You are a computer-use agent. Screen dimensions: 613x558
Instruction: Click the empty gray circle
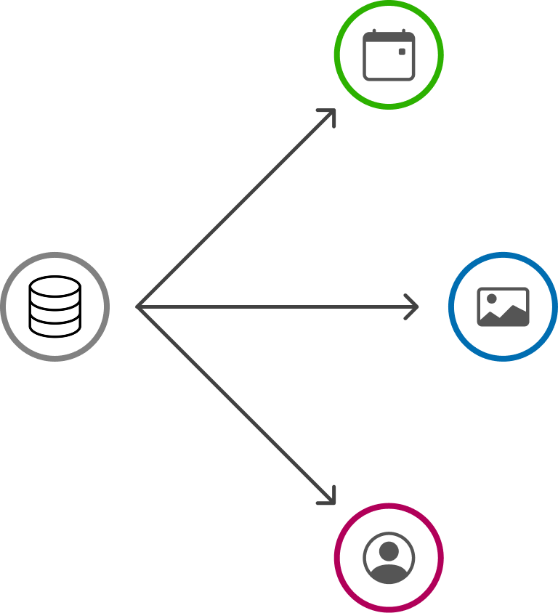point(54,306)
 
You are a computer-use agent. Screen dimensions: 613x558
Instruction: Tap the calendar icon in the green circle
point(389,55)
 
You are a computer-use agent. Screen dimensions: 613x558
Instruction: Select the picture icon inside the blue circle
point(503,306)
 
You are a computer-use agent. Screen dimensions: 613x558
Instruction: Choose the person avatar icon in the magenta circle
point(389,558)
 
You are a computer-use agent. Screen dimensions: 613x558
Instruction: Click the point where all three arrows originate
point(138,306)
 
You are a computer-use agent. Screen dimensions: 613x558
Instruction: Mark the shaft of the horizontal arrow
point(276,306)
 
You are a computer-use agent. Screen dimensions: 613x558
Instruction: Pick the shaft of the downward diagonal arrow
point(232,401)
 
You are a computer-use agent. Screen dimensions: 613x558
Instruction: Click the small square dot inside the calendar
point(402,52)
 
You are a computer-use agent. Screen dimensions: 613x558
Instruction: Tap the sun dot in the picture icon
point(492,299)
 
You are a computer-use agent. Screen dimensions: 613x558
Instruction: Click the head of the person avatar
point(389,551)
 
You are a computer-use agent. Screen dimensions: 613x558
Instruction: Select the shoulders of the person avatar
point(389,574)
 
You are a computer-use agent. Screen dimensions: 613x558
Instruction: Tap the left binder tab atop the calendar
point(373,32)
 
